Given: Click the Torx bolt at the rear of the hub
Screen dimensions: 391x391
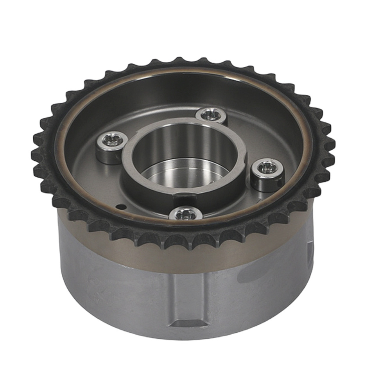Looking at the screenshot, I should [x=211, y=115].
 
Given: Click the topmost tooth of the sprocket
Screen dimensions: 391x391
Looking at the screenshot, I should [x=179, y=61].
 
